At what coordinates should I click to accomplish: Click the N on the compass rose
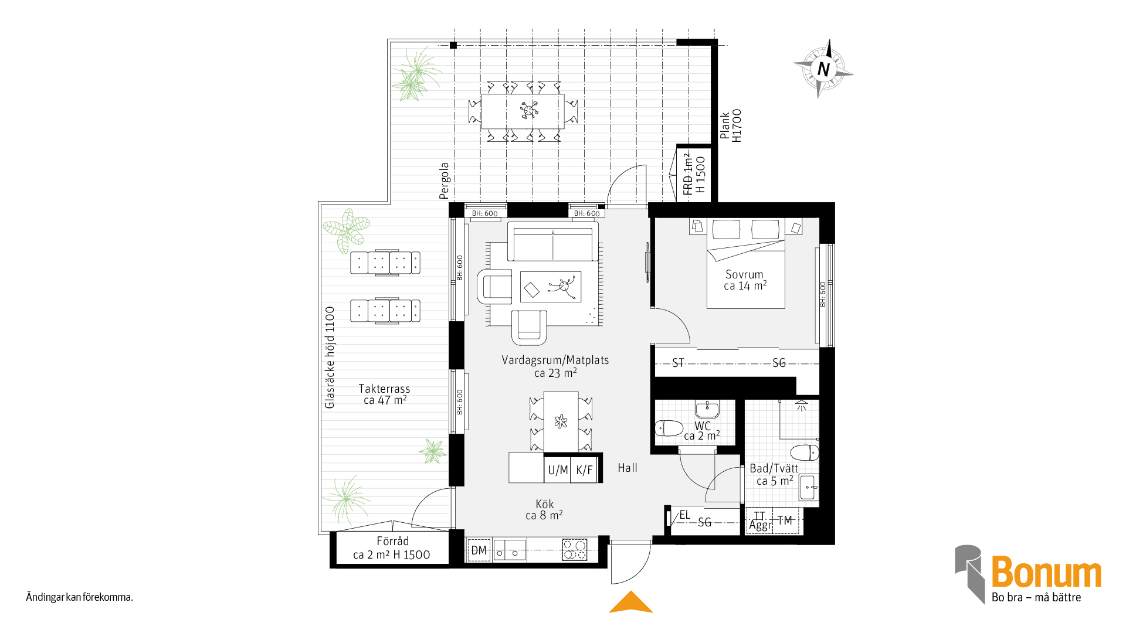(823, 69)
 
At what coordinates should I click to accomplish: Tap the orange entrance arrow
(631, 602)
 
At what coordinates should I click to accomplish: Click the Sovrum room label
(744, 274)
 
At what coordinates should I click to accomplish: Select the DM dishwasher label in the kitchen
(479, 550)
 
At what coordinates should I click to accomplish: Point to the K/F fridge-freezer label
(585, 470)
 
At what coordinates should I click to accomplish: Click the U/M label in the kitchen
(558, 470)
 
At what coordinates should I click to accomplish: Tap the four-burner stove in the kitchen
(574, 550)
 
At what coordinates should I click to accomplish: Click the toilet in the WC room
(669, 428)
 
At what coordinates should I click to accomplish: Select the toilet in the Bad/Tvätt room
(805, 452)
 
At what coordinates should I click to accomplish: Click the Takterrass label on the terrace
(384, 389)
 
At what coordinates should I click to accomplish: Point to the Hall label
(628, 468)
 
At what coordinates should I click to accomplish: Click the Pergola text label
(445, 181)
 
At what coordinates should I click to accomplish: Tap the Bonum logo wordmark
(1046, 572)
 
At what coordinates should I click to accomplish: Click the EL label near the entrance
(685, 515)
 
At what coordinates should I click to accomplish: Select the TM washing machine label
(785, 520)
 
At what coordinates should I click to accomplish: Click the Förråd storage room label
(392, 541)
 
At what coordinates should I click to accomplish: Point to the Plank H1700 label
(731, 125)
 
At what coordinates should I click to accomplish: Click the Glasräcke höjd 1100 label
(330, 358)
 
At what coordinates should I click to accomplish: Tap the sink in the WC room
(707, 409)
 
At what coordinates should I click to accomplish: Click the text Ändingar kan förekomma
(79, 597)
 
